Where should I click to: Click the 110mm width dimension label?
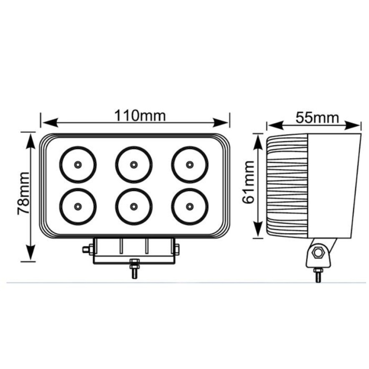click(x=140, y=116)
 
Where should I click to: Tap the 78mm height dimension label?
click(x=24, y=193)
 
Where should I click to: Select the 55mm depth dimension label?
click(x=317, y=118)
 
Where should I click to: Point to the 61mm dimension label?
click(x=248, y=182)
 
